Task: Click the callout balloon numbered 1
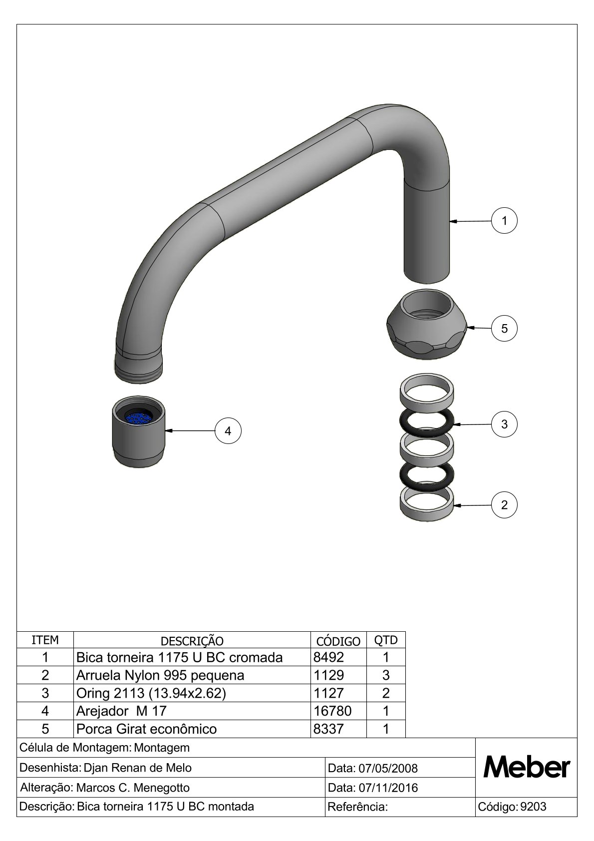click(x=504, y=220)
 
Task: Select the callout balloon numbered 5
click(x=504, y=329)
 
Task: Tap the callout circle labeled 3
click(x=504, y=424)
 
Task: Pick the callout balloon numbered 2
click(x=504, y=504)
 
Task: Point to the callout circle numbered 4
click(x=228, y=430)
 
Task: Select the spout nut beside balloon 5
click(x=427, y=324)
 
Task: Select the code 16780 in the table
click(x=332, y=711)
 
